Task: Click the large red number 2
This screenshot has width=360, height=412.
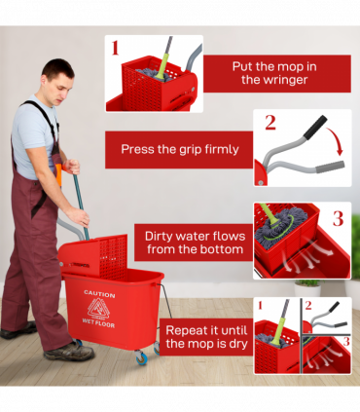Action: coord(270,123)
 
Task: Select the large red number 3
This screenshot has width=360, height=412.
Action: coord(338,217)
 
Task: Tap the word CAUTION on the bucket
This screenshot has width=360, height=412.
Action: coord(98,293)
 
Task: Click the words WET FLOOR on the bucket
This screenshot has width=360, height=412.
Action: coord(98,322)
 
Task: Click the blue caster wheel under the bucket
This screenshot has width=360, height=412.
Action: coord(143,359)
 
